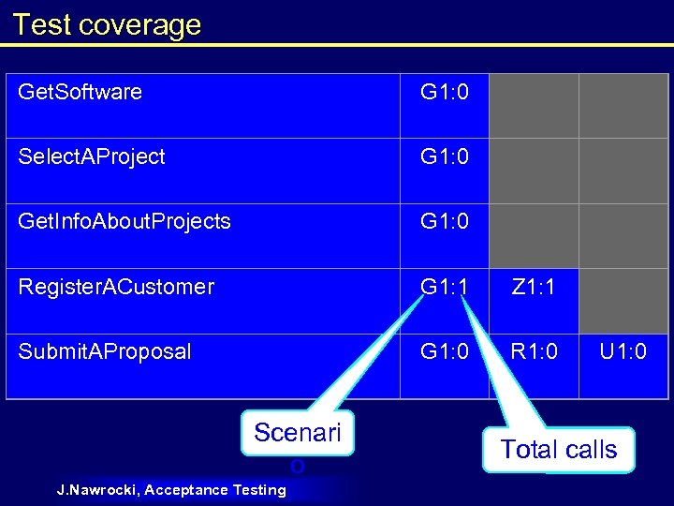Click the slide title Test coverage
coord(107,24)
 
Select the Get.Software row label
coord(81,92)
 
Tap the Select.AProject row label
coord(92,156)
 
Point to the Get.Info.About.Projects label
coord(125,221)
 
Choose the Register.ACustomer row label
coord(116,287)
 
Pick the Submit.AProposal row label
coord(105,351)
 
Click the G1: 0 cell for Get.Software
coord(445,92)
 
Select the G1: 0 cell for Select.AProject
coord(445,156)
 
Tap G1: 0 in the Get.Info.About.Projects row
coord(445,221)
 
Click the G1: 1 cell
coord(445,287)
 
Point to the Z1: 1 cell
coord(533,287)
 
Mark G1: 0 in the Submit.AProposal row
coord(445,351)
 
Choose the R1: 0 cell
coord(533,351)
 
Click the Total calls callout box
coord(559,450)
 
